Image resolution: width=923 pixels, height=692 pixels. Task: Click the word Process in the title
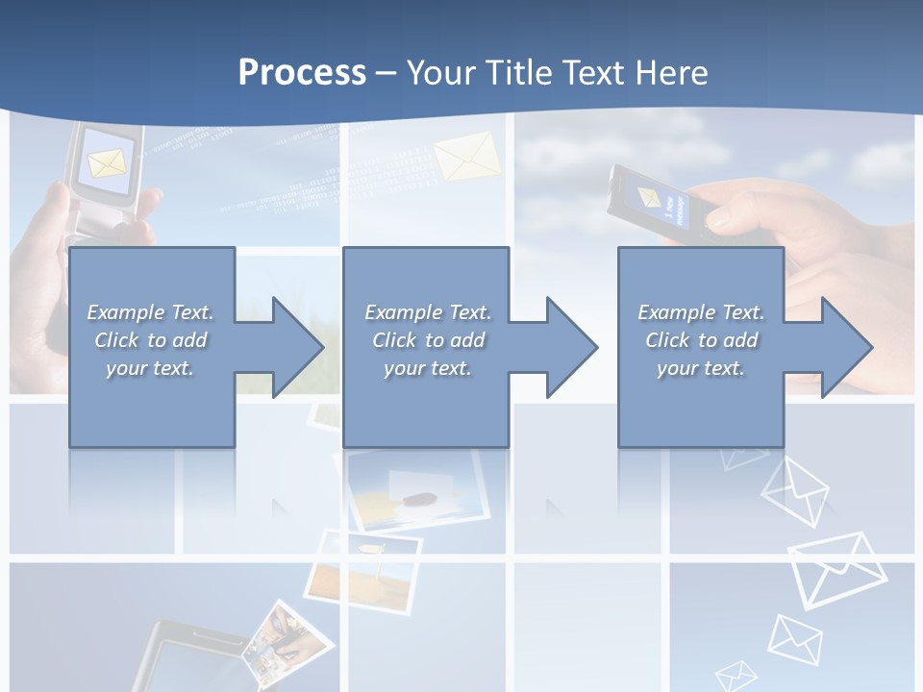(x=302, y=73)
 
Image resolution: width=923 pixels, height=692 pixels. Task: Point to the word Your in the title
(x=439, y=73)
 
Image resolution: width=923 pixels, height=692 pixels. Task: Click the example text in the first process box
(x=150, y=340)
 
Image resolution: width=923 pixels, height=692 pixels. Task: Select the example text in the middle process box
(x=427, y=340)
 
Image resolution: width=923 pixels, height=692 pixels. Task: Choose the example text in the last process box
(x=701, y=340)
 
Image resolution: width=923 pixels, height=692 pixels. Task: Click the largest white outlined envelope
(x=836, y=569)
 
